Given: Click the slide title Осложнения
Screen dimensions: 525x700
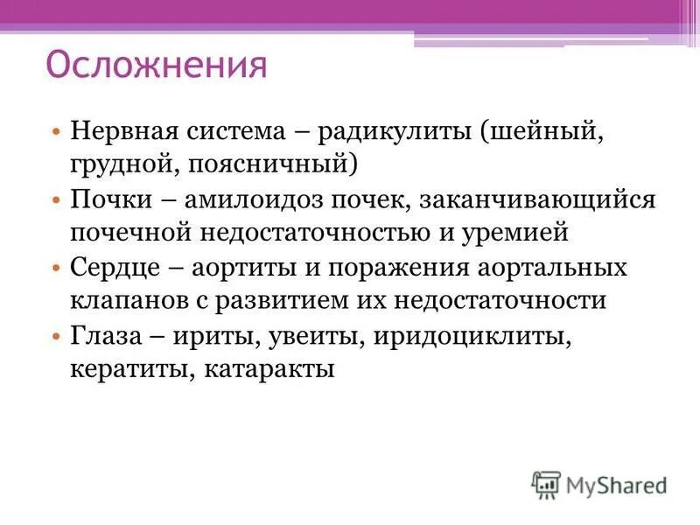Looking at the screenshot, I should [x=155, y=65].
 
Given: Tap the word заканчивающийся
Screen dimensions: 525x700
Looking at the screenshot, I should [x=537, y=199].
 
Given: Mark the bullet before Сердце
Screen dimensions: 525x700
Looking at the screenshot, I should [x=56, y=268].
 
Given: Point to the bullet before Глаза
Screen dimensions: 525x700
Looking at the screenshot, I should [x=56, y=335].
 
